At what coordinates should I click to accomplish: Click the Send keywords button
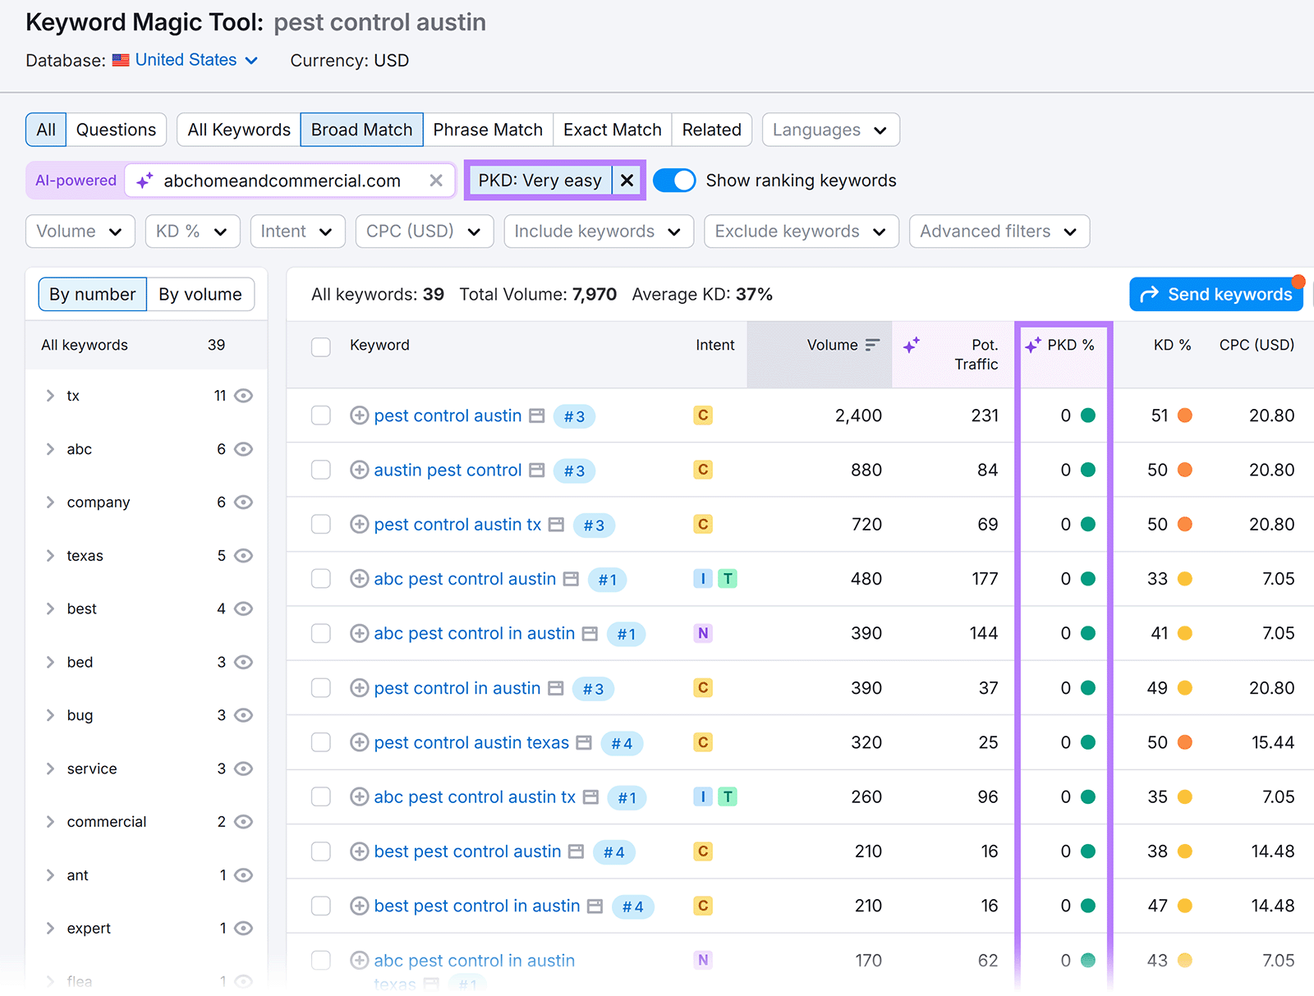click(x=1215, y=294)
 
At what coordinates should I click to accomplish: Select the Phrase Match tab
click(x=488, y=130)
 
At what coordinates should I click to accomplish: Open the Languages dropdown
click(x=830, y=130)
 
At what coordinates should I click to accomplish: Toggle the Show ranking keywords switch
click(x=674, y=181)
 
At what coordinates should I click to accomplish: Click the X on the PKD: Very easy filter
click(x=627, y=181)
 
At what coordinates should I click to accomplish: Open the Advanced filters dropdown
click(x=999, y=232)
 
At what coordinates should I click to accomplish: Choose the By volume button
click(x=200, y=294)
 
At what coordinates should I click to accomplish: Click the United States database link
click(x=186, y=60)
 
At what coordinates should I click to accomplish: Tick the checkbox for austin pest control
click(x=321, y=470)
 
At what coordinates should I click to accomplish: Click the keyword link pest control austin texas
click(x=471, y=742)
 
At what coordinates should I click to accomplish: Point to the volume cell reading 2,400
click(x=858, y=415)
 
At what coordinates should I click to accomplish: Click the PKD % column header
click(x=1069, y=345)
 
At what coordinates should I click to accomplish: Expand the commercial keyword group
click(x=51, y=822)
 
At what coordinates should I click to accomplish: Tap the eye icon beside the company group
click(x=243, y=503)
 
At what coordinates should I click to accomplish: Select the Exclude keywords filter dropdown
click(x=801, y=232)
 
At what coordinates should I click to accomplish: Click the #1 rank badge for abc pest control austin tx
click(x=627, y=797)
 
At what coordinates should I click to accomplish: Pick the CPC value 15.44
click(x=1272, y=742)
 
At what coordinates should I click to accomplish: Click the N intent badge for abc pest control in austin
click(x=703, y=633)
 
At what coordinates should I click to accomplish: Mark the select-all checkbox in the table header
click(x=321, y=347)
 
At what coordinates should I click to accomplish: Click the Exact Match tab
click(x=612, y=130)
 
